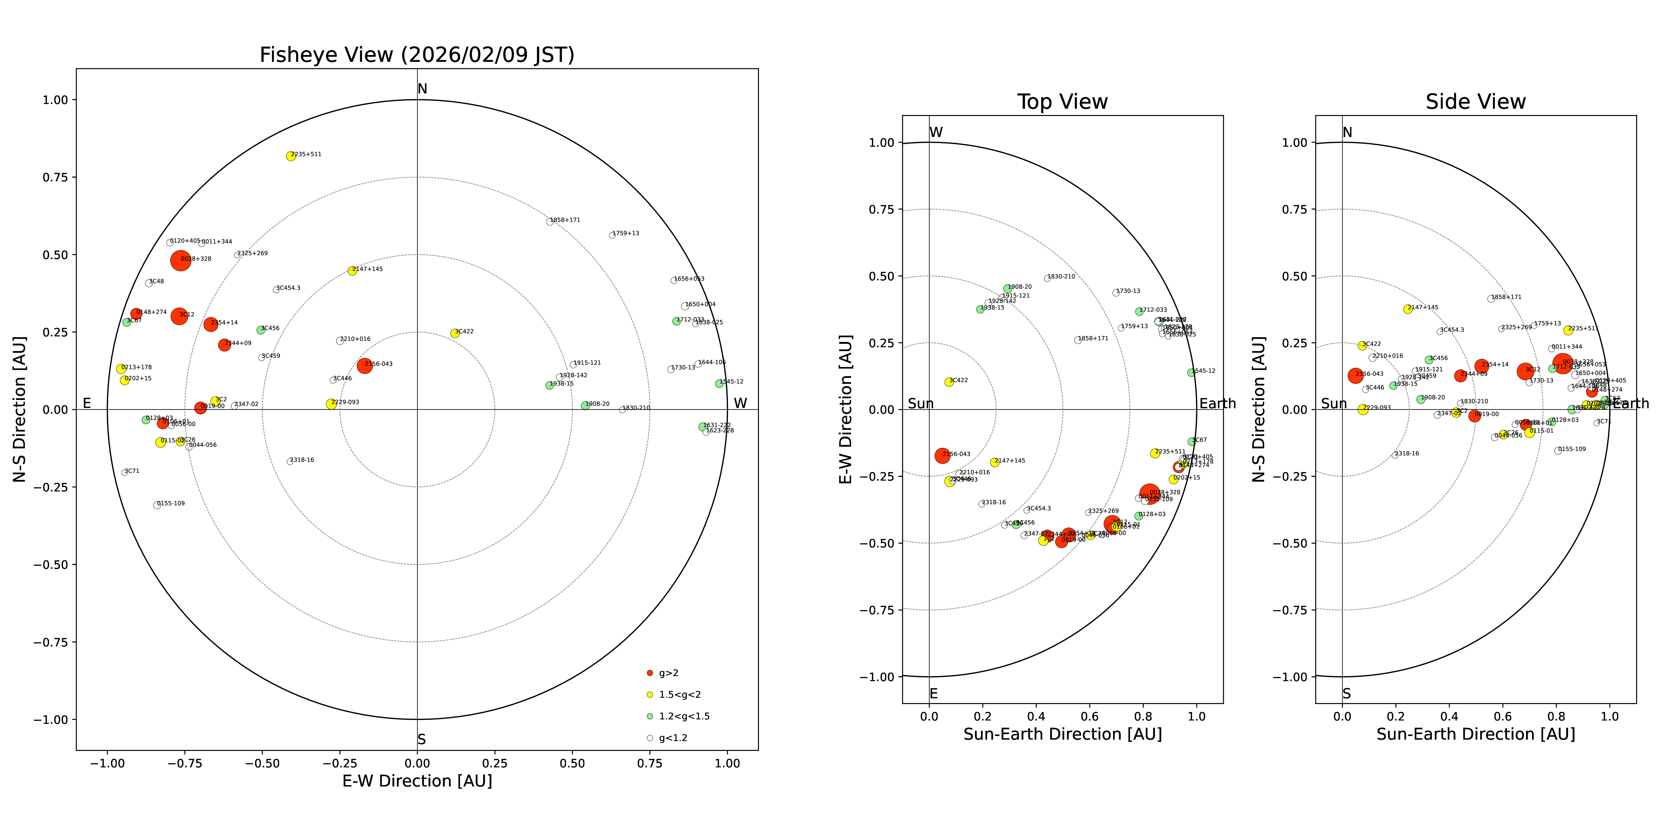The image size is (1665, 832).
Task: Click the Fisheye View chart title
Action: pos(417,55)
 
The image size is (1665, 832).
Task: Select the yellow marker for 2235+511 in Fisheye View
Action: pos(291,156)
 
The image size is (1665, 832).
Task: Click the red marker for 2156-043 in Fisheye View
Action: pos(365,366)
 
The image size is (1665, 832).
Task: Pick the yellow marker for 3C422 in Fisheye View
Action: pos(455,333)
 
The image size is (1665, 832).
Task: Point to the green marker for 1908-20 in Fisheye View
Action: pos(585,406)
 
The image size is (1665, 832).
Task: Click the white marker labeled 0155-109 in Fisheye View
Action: pos(157,505)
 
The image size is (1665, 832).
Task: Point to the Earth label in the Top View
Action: pos(1217,404)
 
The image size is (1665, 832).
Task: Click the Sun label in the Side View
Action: pos(1333,404)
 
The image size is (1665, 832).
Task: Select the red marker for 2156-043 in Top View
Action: pos(942,455)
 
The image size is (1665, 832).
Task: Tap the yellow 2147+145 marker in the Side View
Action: pos(1408,310)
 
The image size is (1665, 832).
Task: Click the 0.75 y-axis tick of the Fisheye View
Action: pos(55,177)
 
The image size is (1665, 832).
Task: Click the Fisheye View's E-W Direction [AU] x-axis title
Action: pos(417,781)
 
